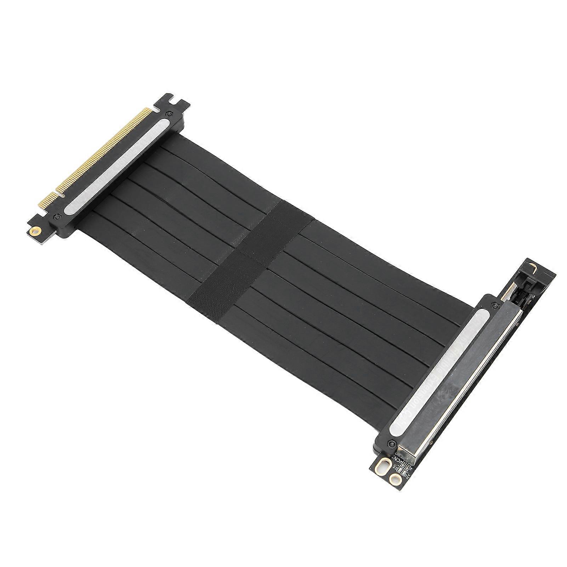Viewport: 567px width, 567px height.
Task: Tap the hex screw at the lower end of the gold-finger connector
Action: (x=56, y=216)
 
